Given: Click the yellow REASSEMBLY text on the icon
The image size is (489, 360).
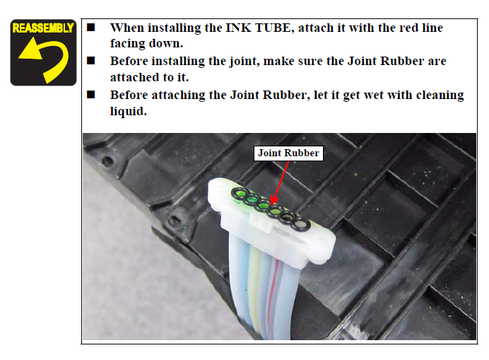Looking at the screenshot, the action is (43, 28).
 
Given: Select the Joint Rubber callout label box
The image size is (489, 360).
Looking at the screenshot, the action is (288, 153).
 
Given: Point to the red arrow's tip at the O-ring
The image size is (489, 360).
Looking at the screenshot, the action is (271, 204).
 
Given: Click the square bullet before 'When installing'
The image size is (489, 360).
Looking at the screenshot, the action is (90, 27).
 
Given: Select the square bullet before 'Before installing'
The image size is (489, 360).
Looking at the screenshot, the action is (90, 61).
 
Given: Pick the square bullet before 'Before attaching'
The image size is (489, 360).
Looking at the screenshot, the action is (90, 94).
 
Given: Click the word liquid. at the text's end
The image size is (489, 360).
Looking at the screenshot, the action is (128, 111).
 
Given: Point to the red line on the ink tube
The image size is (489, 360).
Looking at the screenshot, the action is (271, 296).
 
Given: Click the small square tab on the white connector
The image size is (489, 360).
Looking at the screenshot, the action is (260, 224).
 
